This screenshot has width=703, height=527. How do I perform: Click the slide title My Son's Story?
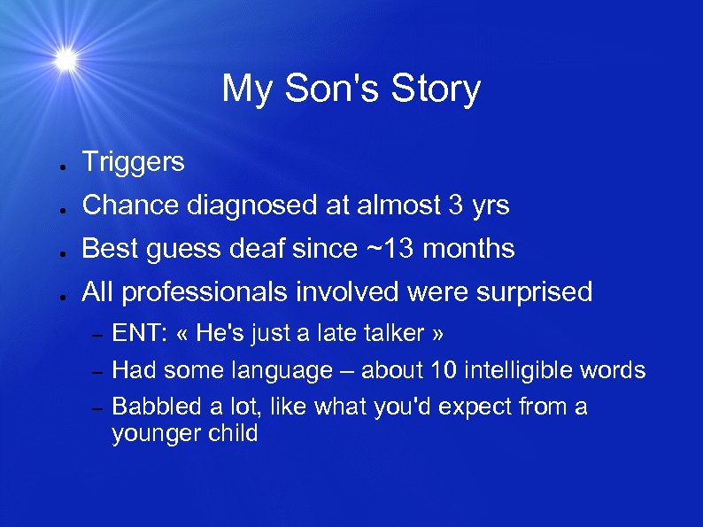[351, 89]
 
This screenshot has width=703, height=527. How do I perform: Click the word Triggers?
[133, 162]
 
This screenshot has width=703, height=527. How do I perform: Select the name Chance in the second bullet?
[130, 205]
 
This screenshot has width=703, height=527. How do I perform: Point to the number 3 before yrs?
[455, 205]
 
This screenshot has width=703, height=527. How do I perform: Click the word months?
[468, 249]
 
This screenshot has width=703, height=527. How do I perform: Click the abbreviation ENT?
[140, 334]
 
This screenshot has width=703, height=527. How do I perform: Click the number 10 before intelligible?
[438, 370]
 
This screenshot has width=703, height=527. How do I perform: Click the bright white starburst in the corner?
[65, 59]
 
